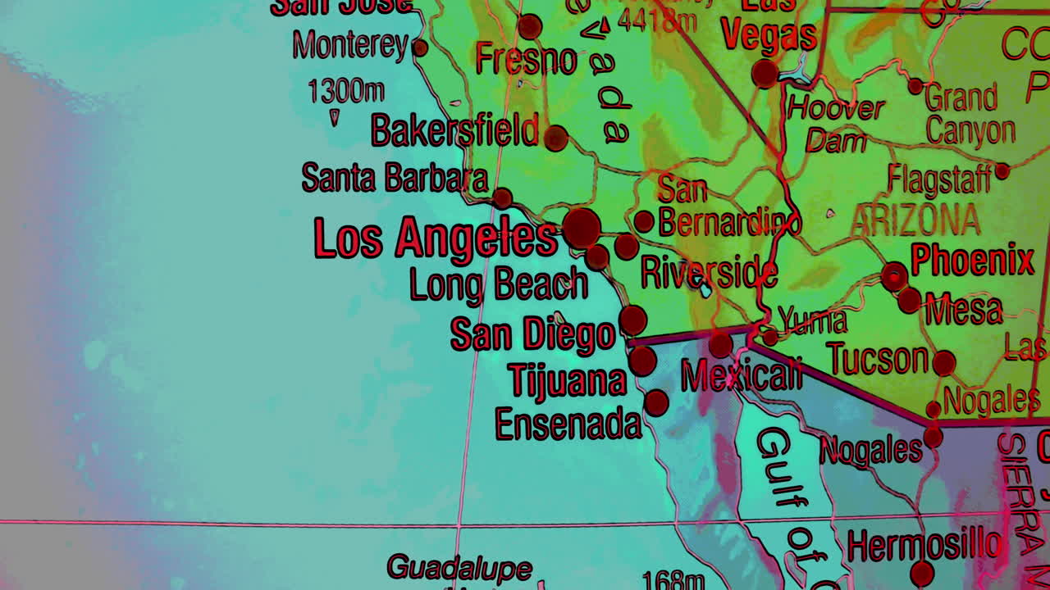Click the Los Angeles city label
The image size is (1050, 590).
click(436, 238)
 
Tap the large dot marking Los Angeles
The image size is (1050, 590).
click(582, 228)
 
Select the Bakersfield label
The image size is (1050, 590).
click(454, 131)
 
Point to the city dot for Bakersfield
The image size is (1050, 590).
click(555, 138)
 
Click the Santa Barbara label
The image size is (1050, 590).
click(395, 178)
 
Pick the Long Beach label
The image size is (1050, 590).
click(498, 284)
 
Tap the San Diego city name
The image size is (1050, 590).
click(532, 334)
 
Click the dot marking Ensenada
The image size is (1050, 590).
click(656, 402)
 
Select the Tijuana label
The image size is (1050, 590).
click(567, 380)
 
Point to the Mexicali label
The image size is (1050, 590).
click(742, 375)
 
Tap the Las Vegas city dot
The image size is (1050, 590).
click(765, 74)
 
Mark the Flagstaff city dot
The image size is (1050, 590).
click(1002, 171)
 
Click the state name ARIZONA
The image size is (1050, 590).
click(915, 220)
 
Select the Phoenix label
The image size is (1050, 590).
click(972, 261)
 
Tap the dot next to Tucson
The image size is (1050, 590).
click(944, 362)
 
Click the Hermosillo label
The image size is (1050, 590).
click(924, 545)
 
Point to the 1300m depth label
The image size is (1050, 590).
click(345, 91)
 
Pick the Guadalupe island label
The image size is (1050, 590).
click(459, 567)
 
